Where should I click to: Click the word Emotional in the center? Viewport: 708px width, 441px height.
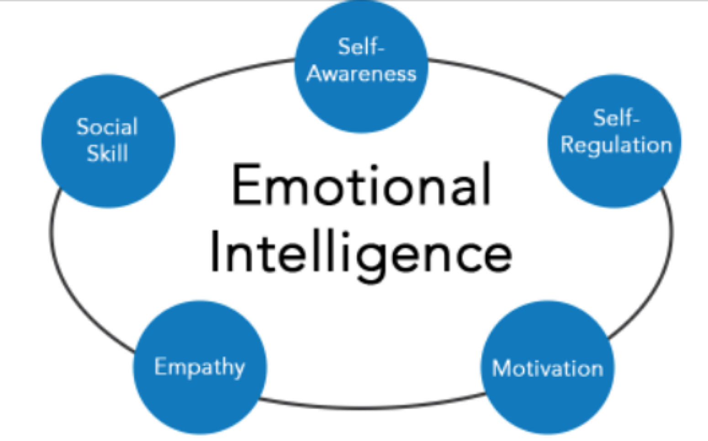361,185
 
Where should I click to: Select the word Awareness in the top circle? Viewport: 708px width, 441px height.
361,73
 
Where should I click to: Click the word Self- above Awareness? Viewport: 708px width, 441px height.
361,47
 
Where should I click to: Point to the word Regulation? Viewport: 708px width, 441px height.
616,145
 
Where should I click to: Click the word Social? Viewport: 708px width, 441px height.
107,127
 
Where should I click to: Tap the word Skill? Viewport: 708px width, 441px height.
107,153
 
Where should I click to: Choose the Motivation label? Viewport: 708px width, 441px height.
547,368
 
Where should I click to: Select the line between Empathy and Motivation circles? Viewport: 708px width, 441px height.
370,407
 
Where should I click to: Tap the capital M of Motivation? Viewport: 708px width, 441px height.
502,368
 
